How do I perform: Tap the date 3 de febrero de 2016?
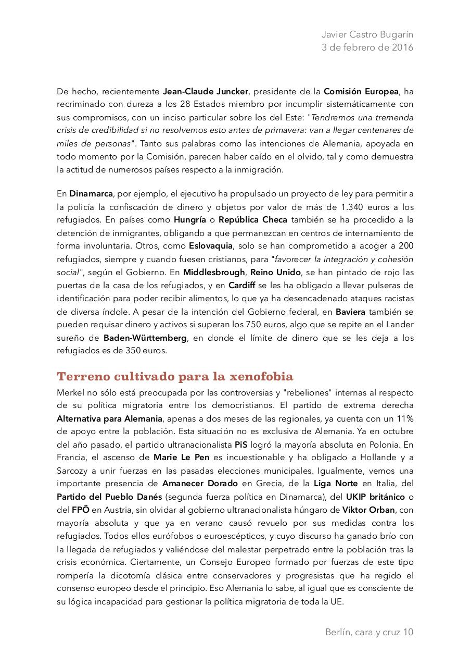(367, 47)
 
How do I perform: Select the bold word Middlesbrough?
(213, 272)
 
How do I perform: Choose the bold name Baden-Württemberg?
(145, 338)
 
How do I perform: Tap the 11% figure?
(403, 418)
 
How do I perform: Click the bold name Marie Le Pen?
(180, 458)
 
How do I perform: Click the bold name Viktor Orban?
(368, 510)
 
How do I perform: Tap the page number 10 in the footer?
(408, 633)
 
